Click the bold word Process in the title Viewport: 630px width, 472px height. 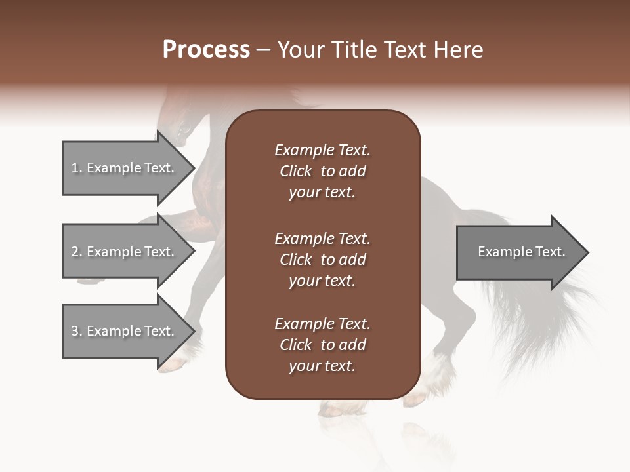(x=206, y=50)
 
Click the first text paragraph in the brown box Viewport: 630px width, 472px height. (x=322, y=171)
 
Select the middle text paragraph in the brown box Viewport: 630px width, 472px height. (x=322, y=260)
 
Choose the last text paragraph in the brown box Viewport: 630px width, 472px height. (x=322, y=345)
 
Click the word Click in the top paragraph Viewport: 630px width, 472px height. (x=296, y=171)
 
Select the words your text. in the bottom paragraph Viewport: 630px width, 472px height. (x=322, y=366)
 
